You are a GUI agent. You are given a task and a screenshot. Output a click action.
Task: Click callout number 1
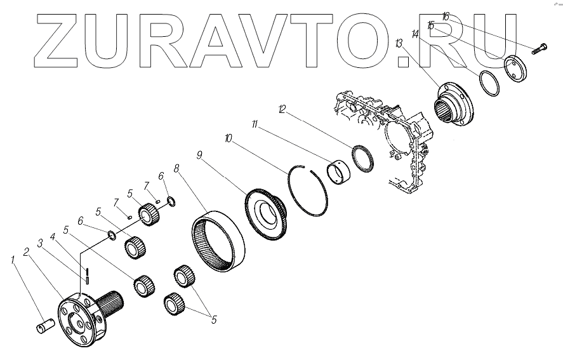click(11, 259)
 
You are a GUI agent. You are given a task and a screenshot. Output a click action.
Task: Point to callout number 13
click(399, 43)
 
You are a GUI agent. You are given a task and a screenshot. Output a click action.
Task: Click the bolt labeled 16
click(540, 46)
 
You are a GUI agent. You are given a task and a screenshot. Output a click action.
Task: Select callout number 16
click(446, 17)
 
